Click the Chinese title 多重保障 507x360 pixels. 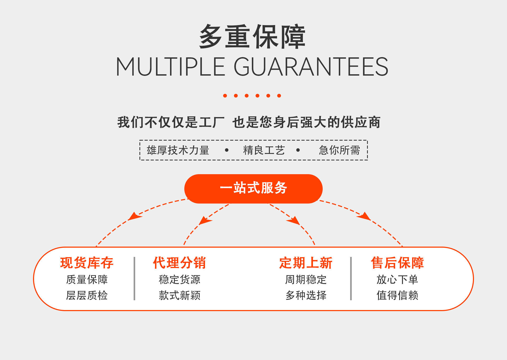coord(252,36)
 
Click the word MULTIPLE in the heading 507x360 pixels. coord(170,67)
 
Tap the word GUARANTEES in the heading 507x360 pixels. coord(311,67)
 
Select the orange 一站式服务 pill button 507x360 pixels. coord(253,188)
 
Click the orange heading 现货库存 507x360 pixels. coord(87,263)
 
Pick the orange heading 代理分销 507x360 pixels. coord(180,263)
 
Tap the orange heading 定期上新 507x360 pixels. coord(306,263)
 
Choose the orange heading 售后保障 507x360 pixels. coord(397,263)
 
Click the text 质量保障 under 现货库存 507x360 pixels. coord(87,279)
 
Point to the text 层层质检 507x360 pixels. coord(87,295)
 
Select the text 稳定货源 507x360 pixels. coord(180,279)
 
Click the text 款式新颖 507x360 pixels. coord(180,295)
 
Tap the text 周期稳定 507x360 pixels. coord(306,279)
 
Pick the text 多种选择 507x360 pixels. coord(306,295)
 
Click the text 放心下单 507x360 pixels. coord(397,279)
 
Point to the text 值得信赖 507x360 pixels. coord(397,295)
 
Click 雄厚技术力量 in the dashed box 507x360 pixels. coord(178,150)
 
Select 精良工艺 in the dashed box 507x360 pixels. coord(264,150)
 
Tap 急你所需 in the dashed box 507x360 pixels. coord(339,150)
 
